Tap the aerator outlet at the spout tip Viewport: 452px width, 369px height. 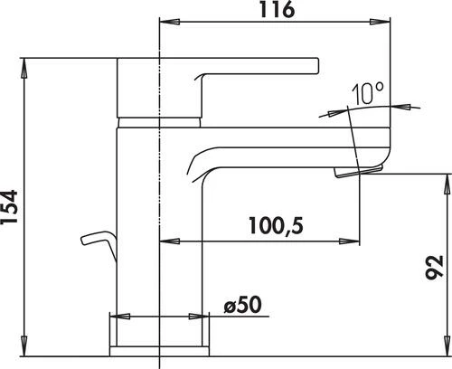350,172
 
